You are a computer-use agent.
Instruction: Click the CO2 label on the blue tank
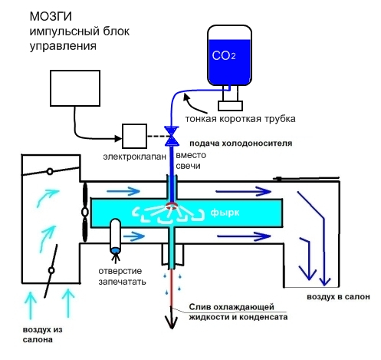pos(224,55)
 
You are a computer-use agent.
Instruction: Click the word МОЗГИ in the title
pos(51,17)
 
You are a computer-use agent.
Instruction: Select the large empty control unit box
pos(75,88)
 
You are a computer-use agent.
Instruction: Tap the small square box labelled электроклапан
pos(134,136)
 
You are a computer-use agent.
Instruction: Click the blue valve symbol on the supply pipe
pos(172,136)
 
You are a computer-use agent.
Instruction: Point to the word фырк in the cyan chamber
pos(225,213)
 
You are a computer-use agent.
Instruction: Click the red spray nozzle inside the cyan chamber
pos(172,206)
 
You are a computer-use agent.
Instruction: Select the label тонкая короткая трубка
pos(240,119)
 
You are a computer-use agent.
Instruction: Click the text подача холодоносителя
pos(241,144)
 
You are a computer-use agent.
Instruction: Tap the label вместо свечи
pos(191,160)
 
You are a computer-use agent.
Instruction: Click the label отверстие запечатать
pos(122,276)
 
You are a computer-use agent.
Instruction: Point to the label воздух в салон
pos(338,297)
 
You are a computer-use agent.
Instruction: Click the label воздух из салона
pos(43,335)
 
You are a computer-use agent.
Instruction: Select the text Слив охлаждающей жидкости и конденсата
pos(238,312)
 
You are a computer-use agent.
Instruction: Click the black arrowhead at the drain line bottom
pos(172,322)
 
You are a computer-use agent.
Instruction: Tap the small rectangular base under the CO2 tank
pos(230,106)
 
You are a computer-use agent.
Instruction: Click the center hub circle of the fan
pos(85,212)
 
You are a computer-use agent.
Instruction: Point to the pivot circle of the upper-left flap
pos(50,171)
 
